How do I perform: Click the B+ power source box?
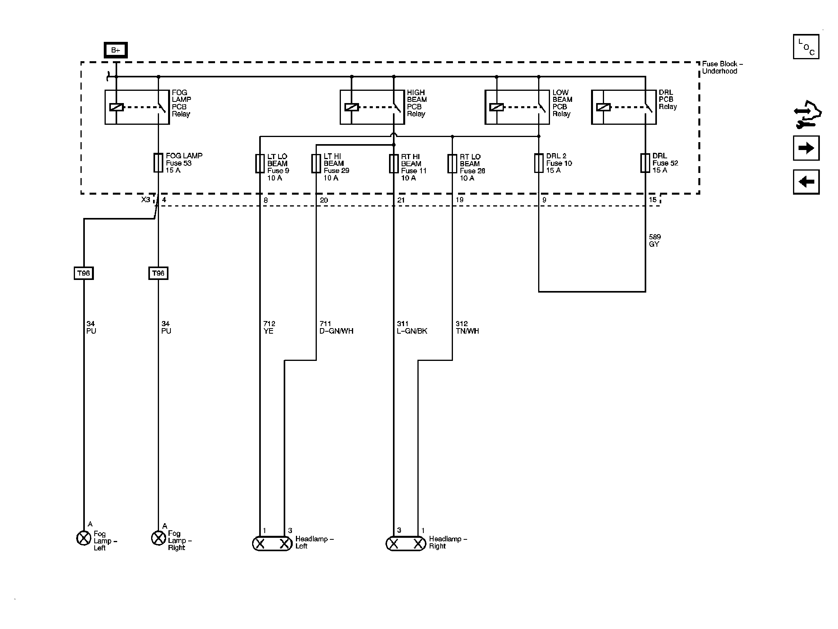click(x=116, y=50)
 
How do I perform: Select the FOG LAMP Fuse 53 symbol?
click(x=158, y=163)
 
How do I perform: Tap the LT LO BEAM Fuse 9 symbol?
click(x=260, y=163)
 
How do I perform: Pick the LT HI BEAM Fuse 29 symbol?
click(x=316, y=163)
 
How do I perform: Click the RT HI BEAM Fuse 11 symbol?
click(x=394, y=163)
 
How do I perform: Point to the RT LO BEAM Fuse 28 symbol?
click(x=452, y=163)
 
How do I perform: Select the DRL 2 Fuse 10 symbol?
click(x=539, y=163)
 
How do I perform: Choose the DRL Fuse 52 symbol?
click(x=645, y=163)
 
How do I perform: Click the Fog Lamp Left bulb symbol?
click(x=84, y=538)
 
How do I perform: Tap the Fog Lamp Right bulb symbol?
click(x=159, y=538)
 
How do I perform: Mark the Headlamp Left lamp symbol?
click(x=272, y=544)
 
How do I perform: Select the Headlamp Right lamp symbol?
click(x=406, y=544)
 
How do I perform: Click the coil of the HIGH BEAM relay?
click(x=352, y=107)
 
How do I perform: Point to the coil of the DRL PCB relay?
click(x=603, y=107)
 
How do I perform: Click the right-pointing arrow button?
click(x=806, y=148)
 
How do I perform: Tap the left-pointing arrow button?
click(x=806, y=182)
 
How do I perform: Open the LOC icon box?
click(x=806, y=47)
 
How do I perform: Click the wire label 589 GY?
click(x=655, y=240)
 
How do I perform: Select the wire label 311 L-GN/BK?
click(x=412, y=327)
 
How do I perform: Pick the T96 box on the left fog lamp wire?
click(x=84, y=273)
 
